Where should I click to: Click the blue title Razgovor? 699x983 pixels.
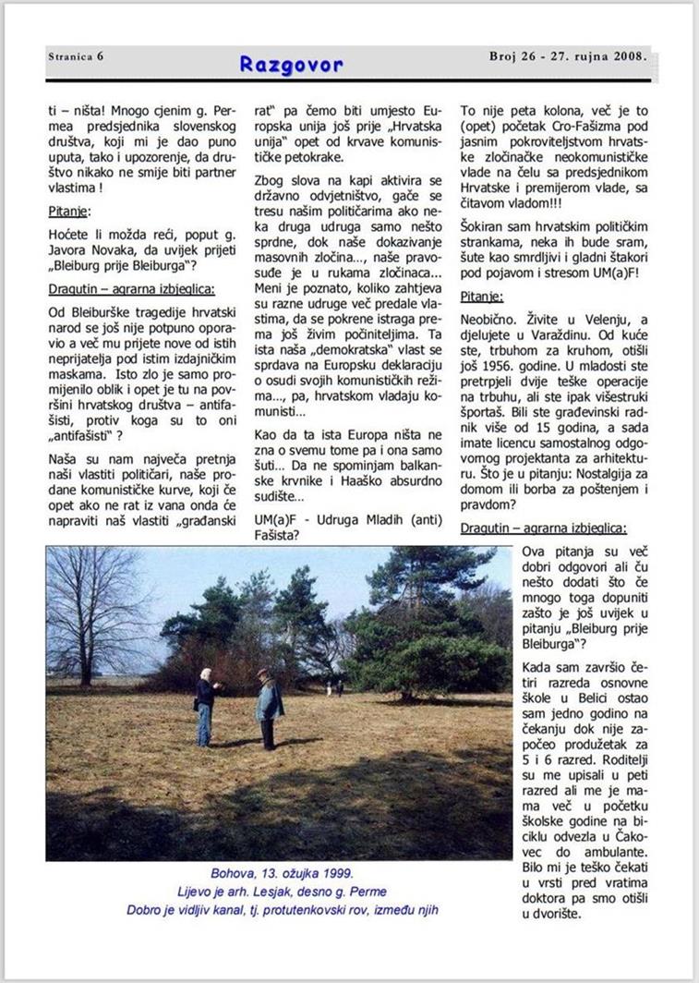291,64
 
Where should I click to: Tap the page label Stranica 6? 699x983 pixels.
76,56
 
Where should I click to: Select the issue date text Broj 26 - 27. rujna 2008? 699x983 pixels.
567,56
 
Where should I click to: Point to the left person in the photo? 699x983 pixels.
205,706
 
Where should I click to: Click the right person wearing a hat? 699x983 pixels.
268,707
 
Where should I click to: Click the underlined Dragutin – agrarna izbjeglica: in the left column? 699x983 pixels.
131,289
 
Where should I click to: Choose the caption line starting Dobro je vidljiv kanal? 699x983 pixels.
282,910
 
